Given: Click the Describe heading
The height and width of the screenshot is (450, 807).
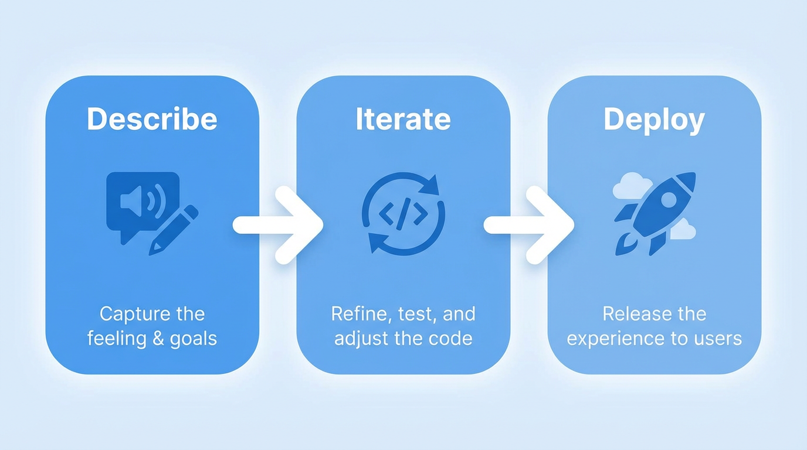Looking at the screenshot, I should [x=152, y=119].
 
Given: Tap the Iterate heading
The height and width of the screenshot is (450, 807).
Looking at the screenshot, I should [x=403, y=119].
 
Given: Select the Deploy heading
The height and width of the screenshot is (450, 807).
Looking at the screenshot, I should [x=654, y=120].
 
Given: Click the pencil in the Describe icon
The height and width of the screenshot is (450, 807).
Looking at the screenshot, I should [x=172, y=230].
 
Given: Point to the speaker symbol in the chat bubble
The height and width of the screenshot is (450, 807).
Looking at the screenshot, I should [x=137, y=201].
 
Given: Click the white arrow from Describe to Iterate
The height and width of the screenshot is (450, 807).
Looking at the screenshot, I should [x=278, y=225].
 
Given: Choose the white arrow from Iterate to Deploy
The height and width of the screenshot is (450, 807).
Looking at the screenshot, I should [x=529, y=225].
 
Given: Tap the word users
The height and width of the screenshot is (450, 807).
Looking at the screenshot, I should [x=719, y=339].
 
